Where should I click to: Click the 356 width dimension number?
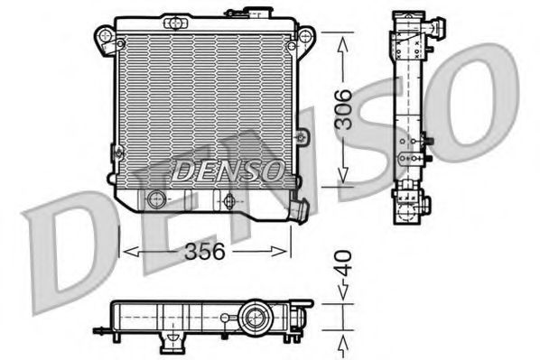[206, 252]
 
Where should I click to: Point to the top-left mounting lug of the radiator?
[107, 36]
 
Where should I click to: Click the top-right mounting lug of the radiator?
[305, 37]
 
